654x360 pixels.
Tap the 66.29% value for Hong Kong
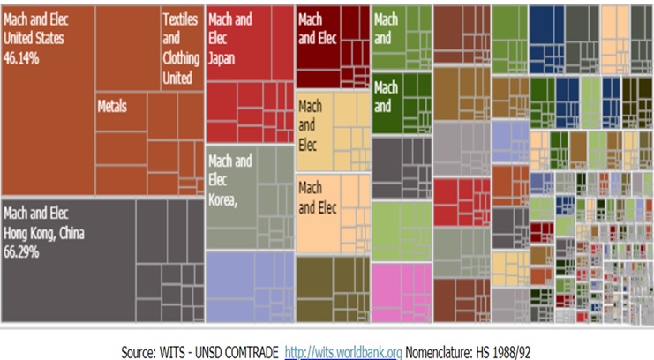pyautogui.click(x=23, y=251)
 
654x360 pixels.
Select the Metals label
pyautogui.click(x=112, y=106)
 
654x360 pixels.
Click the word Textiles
pyautogui.click(x=180, y=20)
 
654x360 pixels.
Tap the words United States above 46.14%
pyautogui.click(x=35, y=38)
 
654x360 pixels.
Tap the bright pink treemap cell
pyautogui.click(x=402, y=291)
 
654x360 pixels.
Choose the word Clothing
pyautogui.click(x=181, y=58)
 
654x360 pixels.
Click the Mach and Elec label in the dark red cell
pyautogui.click(x=318, y=28)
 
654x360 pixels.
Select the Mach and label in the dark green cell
pyautogui.click(x=386, y=97)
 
